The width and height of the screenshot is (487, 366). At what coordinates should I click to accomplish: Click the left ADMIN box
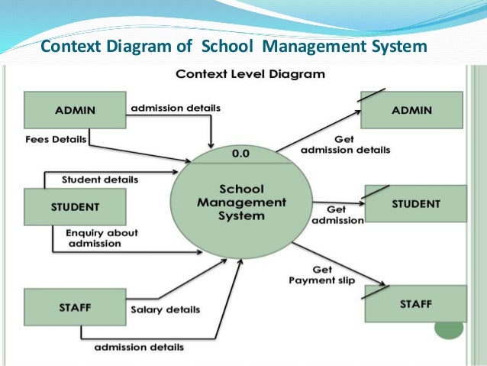pos(75,110)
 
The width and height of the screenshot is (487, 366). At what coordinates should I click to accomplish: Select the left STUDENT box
pos(74,206)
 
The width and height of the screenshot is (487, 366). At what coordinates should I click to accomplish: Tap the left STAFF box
pos(74,307)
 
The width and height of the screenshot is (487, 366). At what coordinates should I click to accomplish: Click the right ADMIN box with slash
pos(411,110)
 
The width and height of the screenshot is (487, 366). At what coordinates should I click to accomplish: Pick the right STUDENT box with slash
pos(415,204)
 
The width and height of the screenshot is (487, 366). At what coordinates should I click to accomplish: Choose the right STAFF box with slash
pos(415,304)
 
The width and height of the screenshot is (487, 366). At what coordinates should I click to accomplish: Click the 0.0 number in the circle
pos(242,154)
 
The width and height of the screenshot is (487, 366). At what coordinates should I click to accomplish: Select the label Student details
pos(99,180)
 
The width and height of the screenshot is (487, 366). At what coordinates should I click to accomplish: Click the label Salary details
pos(165,309)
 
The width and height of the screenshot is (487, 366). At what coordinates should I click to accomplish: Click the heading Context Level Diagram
pos(250,75)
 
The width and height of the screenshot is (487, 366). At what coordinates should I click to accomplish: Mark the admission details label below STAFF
pos(139,348)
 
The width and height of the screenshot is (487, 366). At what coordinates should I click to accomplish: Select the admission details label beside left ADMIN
pos(175,108)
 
